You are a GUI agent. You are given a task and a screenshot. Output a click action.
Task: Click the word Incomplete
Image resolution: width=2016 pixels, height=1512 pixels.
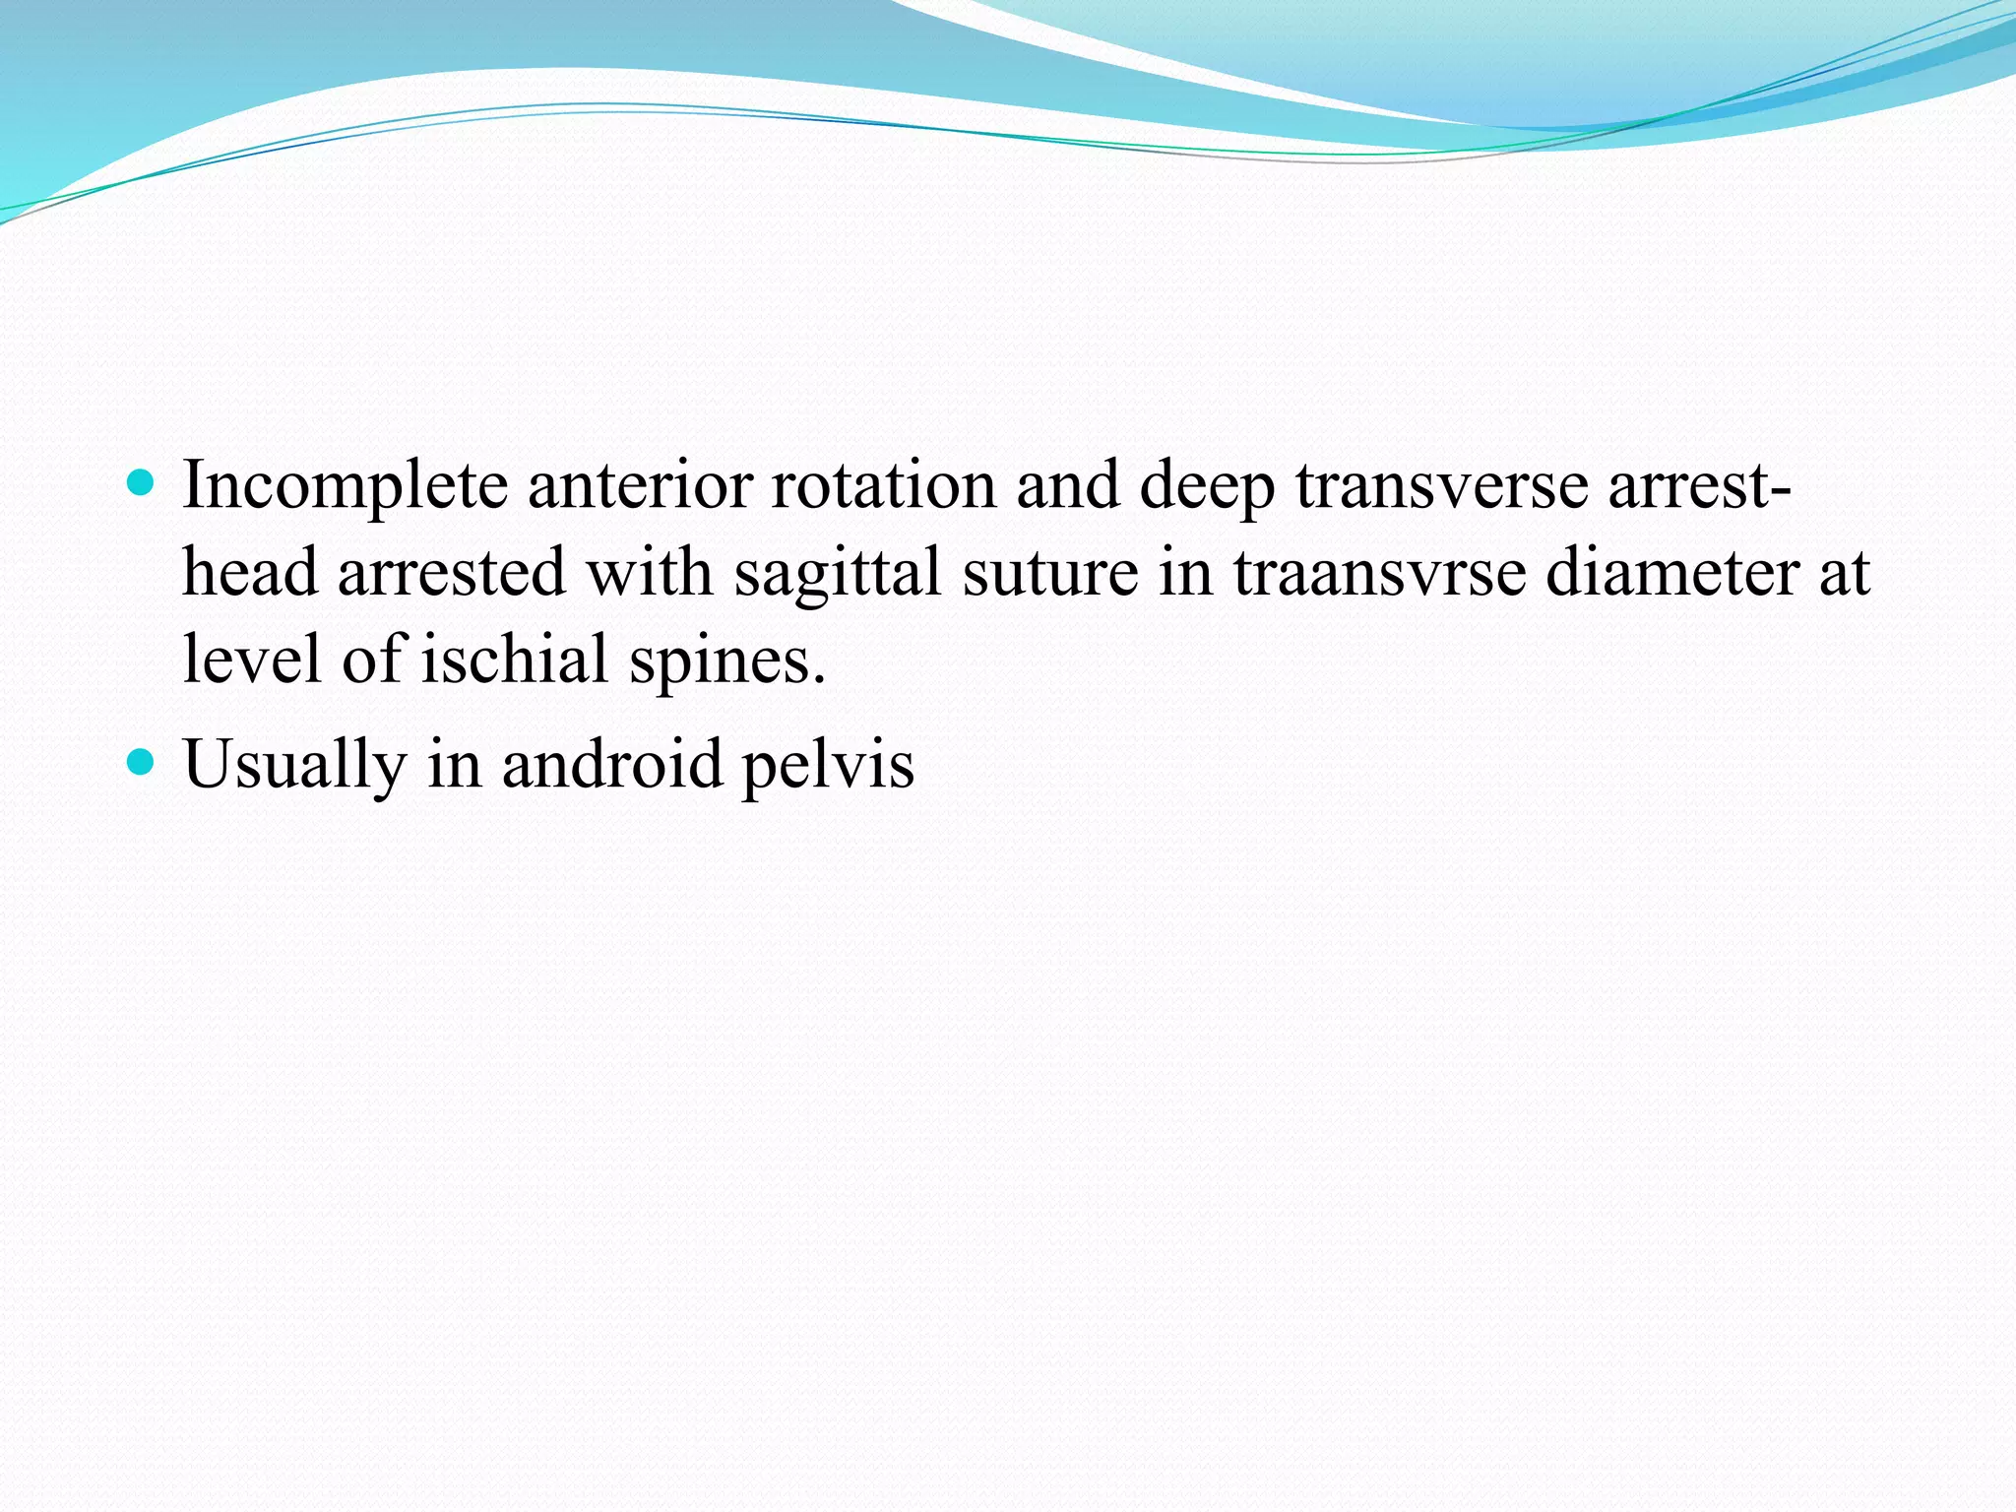click(x=345, y=486)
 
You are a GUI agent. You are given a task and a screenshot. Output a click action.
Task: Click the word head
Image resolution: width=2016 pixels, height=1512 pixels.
click(x=250, y=573)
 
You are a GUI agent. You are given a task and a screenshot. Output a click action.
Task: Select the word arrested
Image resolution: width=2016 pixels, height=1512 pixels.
click(x=452, y=573)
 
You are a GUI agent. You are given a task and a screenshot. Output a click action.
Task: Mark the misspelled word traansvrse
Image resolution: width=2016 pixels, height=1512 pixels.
click(x=1379, y=573)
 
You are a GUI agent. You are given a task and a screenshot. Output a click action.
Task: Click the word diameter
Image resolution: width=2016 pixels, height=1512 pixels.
click(x=1672, y=573)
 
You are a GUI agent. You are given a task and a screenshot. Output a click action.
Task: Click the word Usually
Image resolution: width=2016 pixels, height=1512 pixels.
click(x=294, y=766)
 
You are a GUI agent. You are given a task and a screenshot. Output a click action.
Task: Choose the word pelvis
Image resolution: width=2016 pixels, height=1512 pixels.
click(x=828, y=766)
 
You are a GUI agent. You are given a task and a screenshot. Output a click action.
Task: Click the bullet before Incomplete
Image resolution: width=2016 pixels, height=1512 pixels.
click(x=142, y=482)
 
